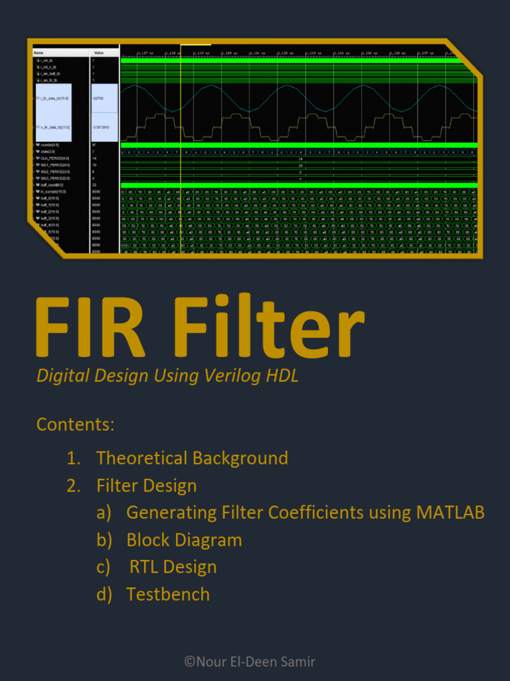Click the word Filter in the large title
point(270,329)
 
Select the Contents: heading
point(76,424)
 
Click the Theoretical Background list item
point(192,458)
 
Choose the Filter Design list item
point(146,485)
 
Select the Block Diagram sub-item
point(184,540)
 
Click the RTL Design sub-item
point(173,567)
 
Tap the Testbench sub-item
point(168,595)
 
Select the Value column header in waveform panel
point(98,52)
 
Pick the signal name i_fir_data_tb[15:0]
point(54,98)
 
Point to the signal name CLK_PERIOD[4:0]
point(55,158)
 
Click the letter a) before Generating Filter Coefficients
point(104,513)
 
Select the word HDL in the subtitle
point(282,376)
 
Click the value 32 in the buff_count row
point(94,185)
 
